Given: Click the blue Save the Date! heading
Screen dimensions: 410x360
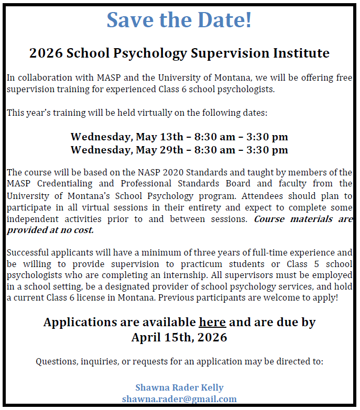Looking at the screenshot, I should [179, 20].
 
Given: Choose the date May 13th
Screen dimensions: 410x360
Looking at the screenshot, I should [161, 137].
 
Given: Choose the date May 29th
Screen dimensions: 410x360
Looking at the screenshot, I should [161, 150].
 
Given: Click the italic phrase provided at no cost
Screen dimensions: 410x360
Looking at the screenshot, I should [50, 230].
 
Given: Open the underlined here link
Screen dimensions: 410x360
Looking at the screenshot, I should [212, 322].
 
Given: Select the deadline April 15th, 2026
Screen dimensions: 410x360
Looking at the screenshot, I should [179, 337].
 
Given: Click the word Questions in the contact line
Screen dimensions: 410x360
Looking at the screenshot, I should [54, 361].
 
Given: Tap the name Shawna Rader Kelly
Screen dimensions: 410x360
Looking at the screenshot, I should [179, 387].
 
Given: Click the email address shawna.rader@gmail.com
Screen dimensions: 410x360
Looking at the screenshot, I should [179, 399].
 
